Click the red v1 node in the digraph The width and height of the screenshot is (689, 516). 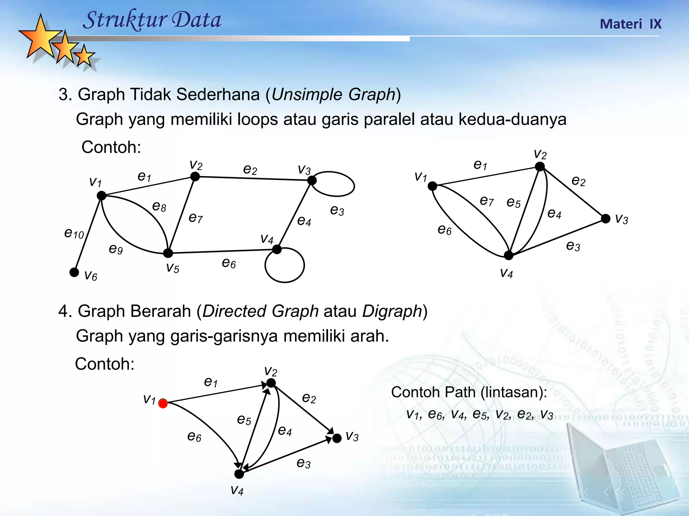click(163, 403)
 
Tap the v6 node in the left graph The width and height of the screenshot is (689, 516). click(74, 272)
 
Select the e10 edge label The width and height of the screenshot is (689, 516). click(74, 233)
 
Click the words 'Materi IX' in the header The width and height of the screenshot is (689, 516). click(630, 24)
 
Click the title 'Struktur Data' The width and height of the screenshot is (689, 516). click(152, 20)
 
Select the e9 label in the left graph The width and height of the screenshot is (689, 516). click(116, 249)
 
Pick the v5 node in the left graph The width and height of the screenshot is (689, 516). click(168, 253)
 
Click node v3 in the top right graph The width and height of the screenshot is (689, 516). click(606, 219)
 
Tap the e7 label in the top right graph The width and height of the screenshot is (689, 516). click(486, 201)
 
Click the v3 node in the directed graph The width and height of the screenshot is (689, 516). click(337, 438)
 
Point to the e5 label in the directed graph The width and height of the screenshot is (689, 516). click(244, 420)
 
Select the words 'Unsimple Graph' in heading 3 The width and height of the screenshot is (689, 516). click(333, 94)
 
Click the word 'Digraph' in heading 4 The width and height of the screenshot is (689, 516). click(392, 311)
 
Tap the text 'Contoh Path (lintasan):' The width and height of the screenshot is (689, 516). click(469, 392)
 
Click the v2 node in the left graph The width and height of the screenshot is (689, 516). click(195, 176)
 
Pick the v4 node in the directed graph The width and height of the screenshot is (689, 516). click(239, 474)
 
